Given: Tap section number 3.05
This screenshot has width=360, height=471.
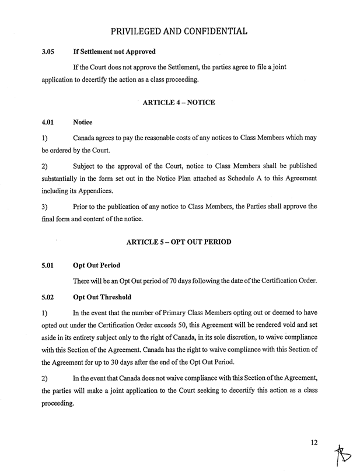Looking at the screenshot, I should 48,52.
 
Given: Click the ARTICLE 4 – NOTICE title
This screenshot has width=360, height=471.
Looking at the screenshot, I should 179,103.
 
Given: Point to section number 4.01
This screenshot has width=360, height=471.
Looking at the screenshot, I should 48,123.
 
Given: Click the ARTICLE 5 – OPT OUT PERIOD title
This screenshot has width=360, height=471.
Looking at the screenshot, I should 180,242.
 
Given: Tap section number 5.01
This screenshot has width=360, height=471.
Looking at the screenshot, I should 48,264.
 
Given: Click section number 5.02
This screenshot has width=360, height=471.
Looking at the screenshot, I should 48,296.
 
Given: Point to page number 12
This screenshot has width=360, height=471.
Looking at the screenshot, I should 314,442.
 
